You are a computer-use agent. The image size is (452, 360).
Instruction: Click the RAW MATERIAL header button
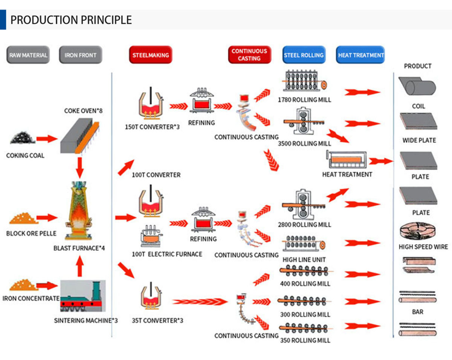tap(28, 55)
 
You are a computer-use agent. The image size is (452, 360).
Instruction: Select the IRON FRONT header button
tap(81, 55)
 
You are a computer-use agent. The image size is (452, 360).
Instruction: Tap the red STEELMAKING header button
tap(151, 55)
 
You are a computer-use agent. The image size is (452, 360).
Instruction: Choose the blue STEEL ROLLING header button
tap(304, 55)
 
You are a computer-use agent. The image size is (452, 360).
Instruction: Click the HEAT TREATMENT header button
tap(360, 55)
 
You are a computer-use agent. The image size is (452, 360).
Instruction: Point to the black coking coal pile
tap(23, 138)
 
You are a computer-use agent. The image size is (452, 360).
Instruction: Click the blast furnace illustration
tap(79, 211)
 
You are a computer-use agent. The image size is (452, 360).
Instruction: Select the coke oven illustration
tap(80, 136)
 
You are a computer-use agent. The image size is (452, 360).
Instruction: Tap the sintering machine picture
tap(83, 296)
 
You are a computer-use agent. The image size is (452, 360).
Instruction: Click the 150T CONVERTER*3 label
tap(152, 127)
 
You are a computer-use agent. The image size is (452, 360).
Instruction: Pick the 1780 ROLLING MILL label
tap(305, 100)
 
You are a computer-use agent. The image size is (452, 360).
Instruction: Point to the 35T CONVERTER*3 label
tap(157, 320)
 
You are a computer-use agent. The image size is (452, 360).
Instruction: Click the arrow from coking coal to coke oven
tap(47, 139)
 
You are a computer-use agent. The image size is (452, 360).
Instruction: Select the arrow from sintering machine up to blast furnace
tap(80, 266)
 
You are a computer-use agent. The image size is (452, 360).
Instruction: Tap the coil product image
tap(417, 86)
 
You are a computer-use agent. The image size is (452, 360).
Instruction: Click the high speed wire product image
tap(418, 231)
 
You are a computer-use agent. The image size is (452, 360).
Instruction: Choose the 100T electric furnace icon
tap(151, 236)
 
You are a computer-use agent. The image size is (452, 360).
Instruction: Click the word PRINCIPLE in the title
tap(106, 20)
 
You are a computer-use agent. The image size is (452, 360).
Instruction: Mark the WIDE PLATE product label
tap(419, 140)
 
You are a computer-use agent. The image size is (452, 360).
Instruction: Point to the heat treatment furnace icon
tap(347, 159)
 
